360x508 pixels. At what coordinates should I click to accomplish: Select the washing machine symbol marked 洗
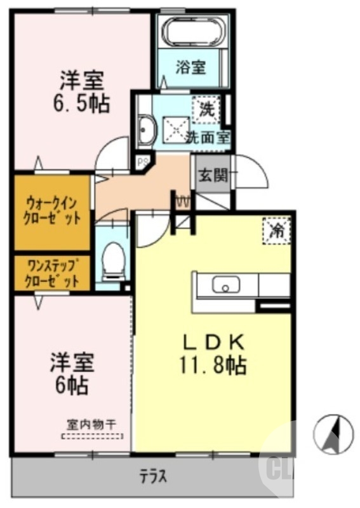point(207,109)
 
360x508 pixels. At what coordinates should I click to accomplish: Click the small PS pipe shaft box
point(142,162)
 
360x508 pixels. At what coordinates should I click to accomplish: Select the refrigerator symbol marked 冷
point(277,230)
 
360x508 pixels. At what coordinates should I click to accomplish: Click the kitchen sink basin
point(225,286)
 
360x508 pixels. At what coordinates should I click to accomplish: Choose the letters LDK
point(215,342)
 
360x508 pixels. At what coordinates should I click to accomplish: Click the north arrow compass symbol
point(333,434)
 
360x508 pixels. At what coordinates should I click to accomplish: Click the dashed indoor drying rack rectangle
point(92,436)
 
